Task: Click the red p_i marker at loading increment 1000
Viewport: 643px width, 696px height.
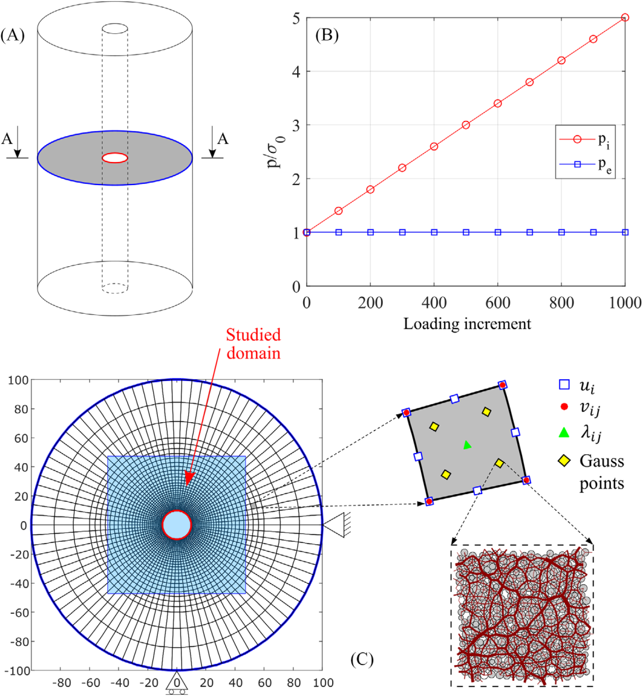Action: click(x=625, y=18)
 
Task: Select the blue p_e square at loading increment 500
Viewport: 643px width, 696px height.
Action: click(x=466, y=232)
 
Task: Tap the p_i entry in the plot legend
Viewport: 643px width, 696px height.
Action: click(x=585, y=140)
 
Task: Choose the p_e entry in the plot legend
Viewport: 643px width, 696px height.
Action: click(x=585, y=165)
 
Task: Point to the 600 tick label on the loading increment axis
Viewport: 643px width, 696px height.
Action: click(x=498, y=302)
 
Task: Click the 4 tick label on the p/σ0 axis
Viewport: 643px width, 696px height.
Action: click(x=296, y=71)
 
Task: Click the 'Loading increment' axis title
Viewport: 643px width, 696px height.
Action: click(x=467, y=324)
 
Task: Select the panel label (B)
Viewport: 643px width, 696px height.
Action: click(x=327, y=35)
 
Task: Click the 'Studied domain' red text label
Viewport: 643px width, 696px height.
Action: click(x=254, y=344)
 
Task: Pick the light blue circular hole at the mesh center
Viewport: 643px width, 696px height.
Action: click(x=177, y=525)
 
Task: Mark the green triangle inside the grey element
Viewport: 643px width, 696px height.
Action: click(x=467, y=444)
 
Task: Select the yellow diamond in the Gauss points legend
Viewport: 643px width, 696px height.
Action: click(x=564, y=461)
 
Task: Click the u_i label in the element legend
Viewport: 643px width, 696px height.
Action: click(x=587, y=386)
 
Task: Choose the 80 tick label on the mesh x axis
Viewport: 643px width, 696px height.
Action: click(x=294, y=683)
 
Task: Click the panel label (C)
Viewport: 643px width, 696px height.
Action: click(x=361, y=659)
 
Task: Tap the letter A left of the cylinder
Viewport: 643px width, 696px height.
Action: click(x=7, y=139)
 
